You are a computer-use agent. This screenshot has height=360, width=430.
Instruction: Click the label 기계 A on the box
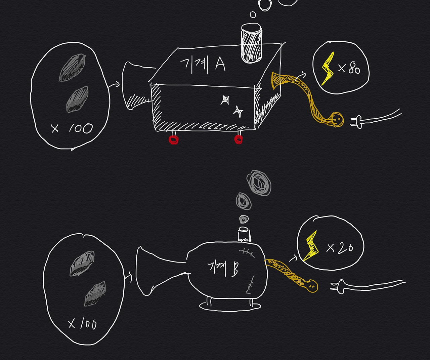(x=203, y=65)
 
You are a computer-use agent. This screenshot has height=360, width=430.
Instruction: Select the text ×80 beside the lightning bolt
(x=349, y=69)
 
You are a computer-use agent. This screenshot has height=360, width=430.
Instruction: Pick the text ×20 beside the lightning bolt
(x=340, y=248)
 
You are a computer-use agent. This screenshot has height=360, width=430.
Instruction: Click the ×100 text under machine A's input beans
(x=72, y=128)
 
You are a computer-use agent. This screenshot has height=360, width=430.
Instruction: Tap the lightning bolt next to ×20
(x=311, y=246)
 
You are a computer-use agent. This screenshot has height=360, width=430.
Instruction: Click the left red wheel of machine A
(x=174, y=139)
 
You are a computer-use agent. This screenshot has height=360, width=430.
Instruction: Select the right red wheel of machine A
(x=238, y=139)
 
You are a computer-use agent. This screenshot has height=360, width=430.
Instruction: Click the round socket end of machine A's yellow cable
(x=337, y=119)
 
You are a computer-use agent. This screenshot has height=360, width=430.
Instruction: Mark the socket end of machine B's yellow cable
(x=311, y=285)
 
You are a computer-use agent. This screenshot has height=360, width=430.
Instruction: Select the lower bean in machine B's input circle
(x=95, y=294)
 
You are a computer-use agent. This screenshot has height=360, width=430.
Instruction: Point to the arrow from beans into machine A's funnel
(x=115, y=84)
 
